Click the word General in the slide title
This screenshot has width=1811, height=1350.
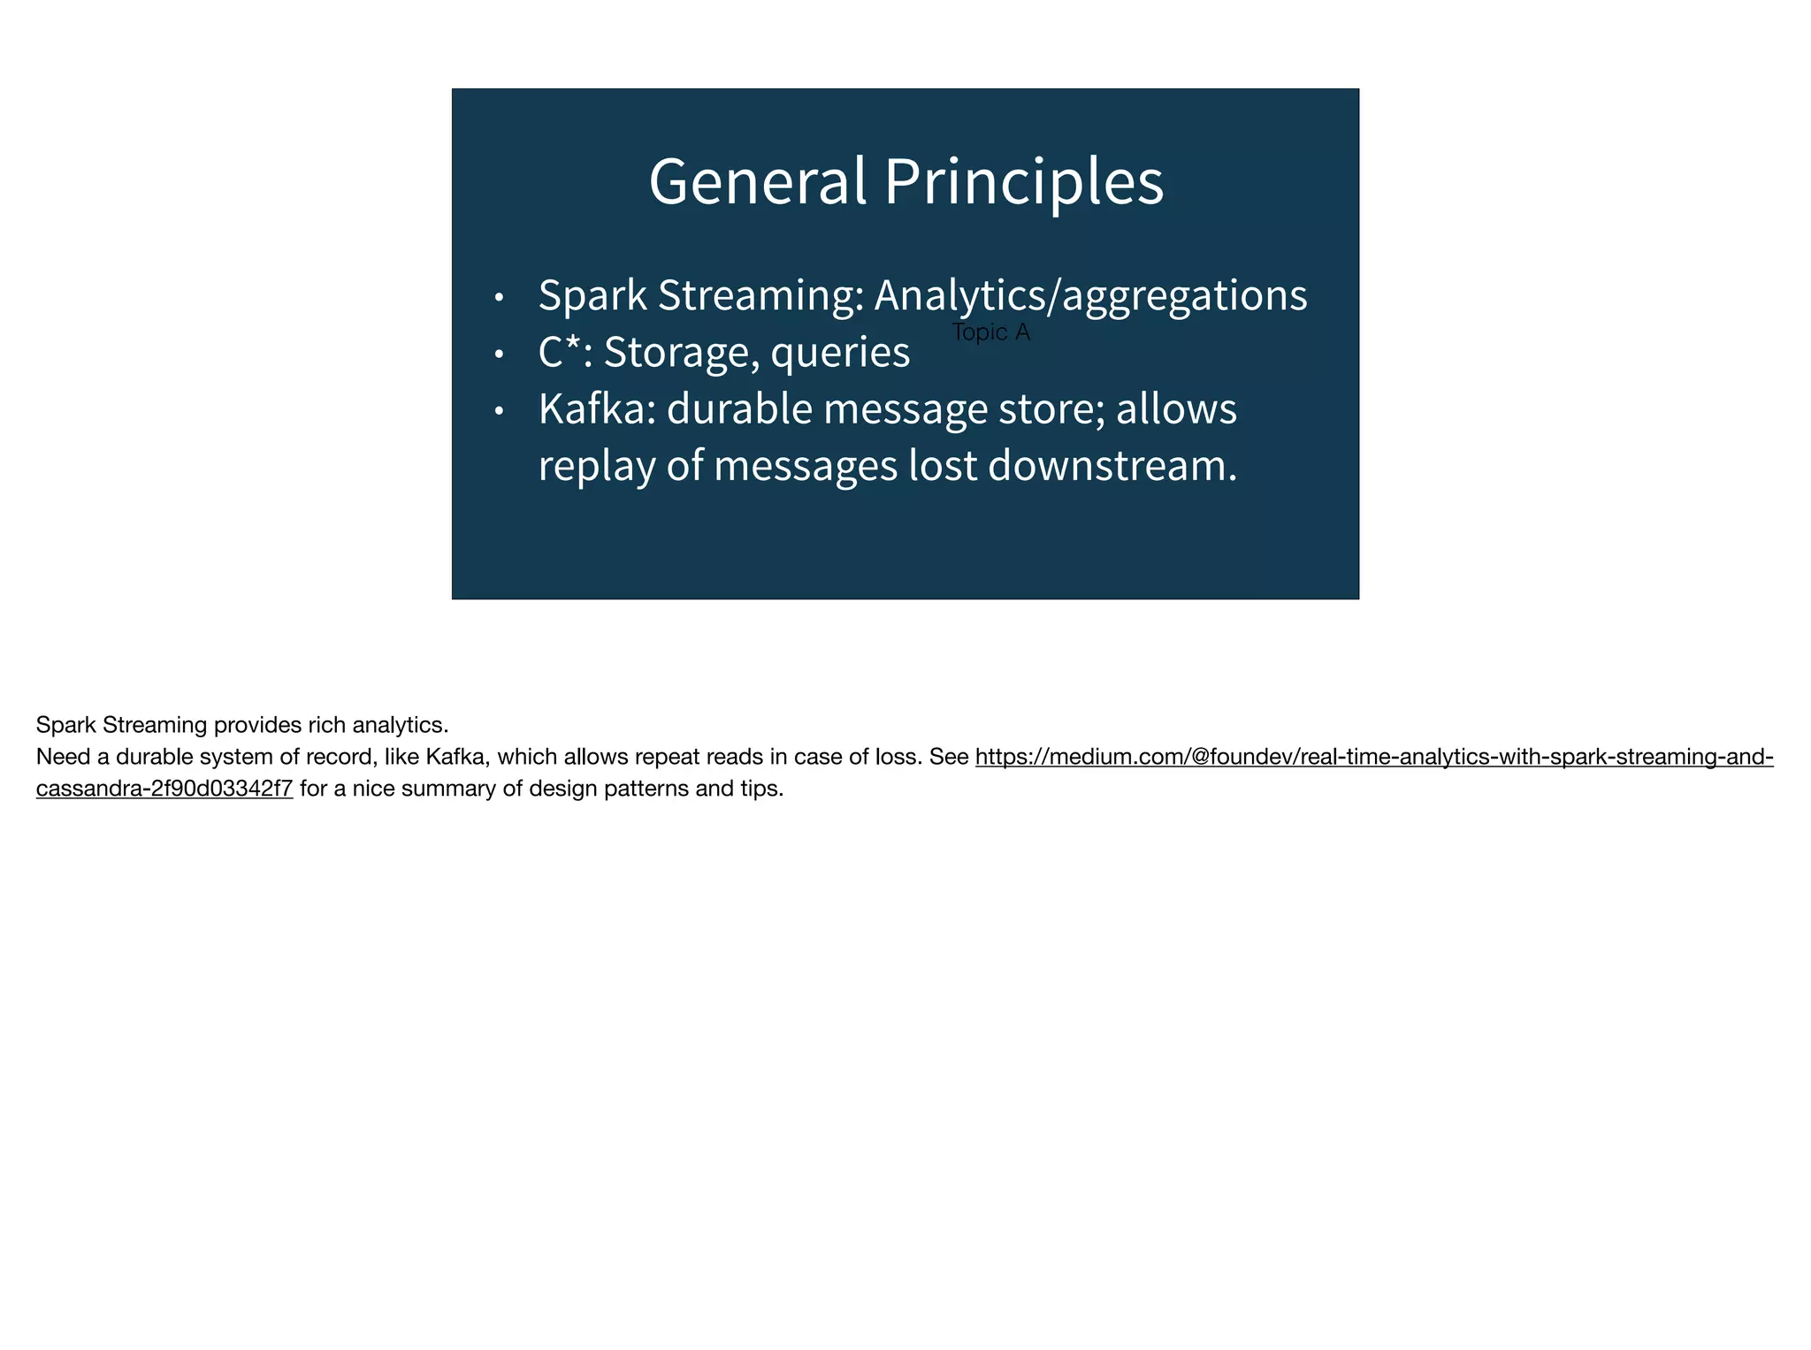[757, 181]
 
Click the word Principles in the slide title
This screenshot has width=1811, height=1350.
[1023, 181]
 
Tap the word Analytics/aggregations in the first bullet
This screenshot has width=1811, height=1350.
[1090, 295]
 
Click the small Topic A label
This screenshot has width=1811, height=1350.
[990, 332]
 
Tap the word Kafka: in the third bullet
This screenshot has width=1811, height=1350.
[597, 408]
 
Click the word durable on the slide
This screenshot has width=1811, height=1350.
[738, 408]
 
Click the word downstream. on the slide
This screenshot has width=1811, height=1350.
[1112, 465]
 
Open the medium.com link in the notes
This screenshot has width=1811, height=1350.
[1373, 757]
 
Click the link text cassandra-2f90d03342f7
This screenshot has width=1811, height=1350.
[164, 789]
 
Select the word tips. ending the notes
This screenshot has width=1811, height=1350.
[761, 789]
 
